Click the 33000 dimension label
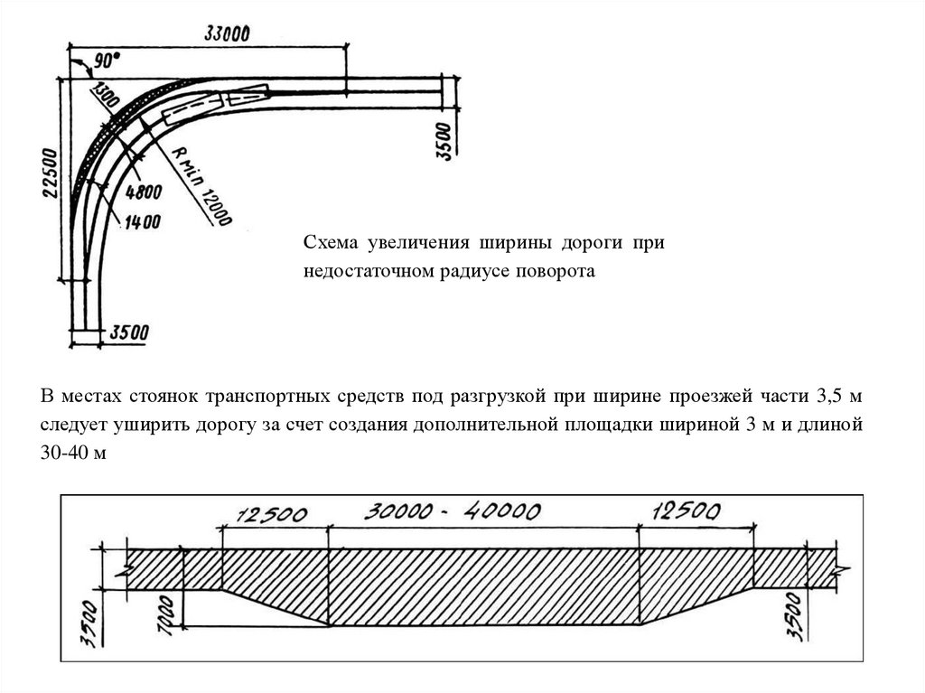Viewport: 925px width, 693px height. tap(227, 33)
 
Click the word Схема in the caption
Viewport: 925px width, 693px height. tap(331, 244)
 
